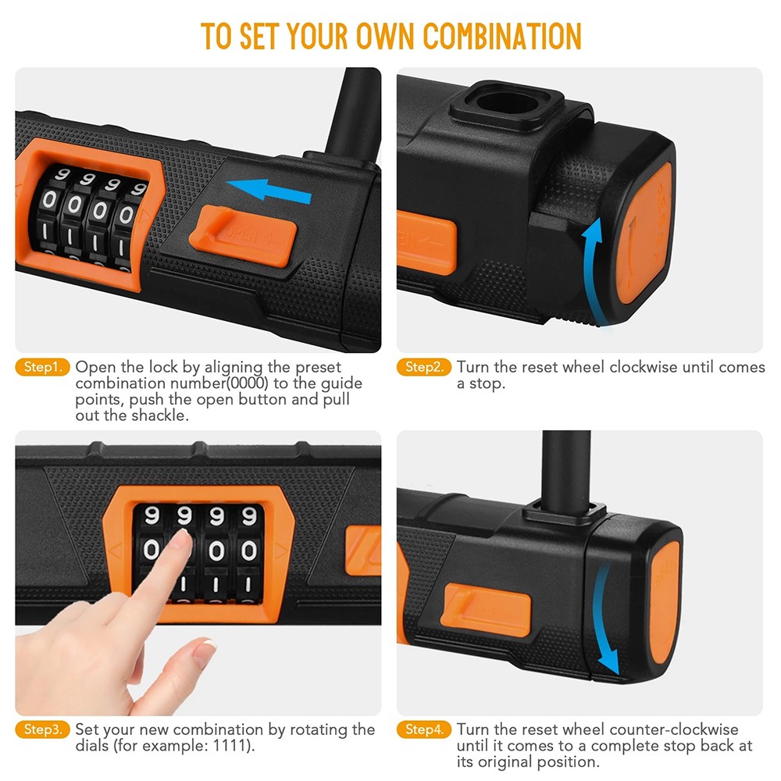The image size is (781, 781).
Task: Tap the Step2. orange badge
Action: [424, 367]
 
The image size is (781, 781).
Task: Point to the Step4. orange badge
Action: [424, 730]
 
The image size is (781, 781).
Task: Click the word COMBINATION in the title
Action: [502, 36]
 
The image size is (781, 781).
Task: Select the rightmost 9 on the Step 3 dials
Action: [249, 515]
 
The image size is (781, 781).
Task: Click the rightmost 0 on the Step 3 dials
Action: [249, 551]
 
